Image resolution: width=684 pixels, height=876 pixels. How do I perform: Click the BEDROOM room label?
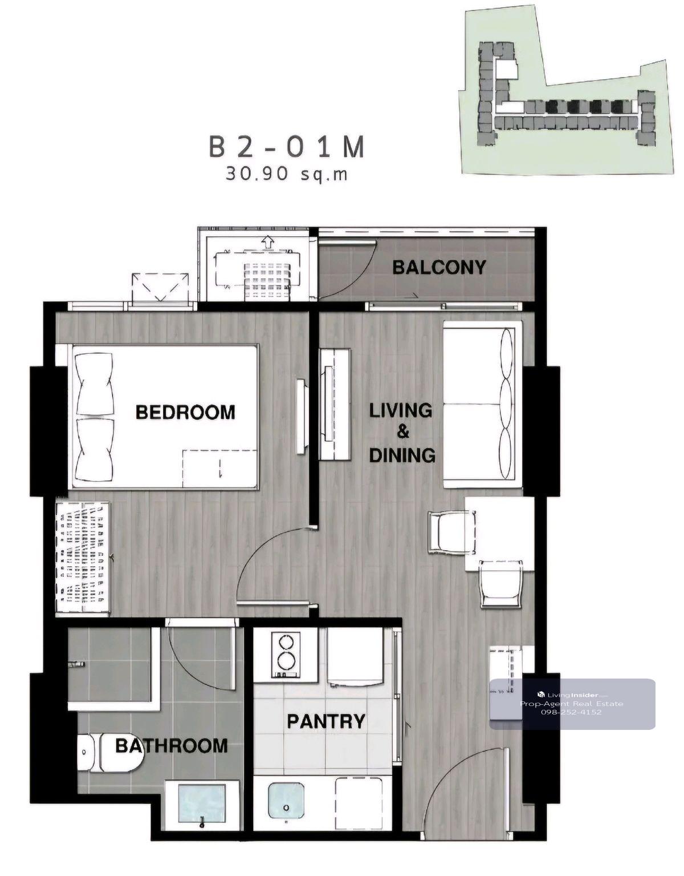[x=185, y=412]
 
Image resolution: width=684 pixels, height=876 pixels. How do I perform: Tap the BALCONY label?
[x=439, y=267]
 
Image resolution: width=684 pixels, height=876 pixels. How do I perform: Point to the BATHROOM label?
[x=172, y=746]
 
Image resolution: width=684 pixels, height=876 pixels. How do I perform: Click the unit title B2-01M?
[x=287, y=147]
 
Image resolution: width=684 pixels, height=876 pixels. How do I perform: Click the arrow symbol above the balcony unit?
[x=267, y=243]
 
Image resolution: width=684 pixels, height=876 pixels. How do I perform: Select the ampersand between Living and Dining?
[x=402, y=433]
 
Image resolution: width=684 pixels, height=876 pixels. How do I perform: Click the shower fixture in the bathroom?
[x=77, y=664]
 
